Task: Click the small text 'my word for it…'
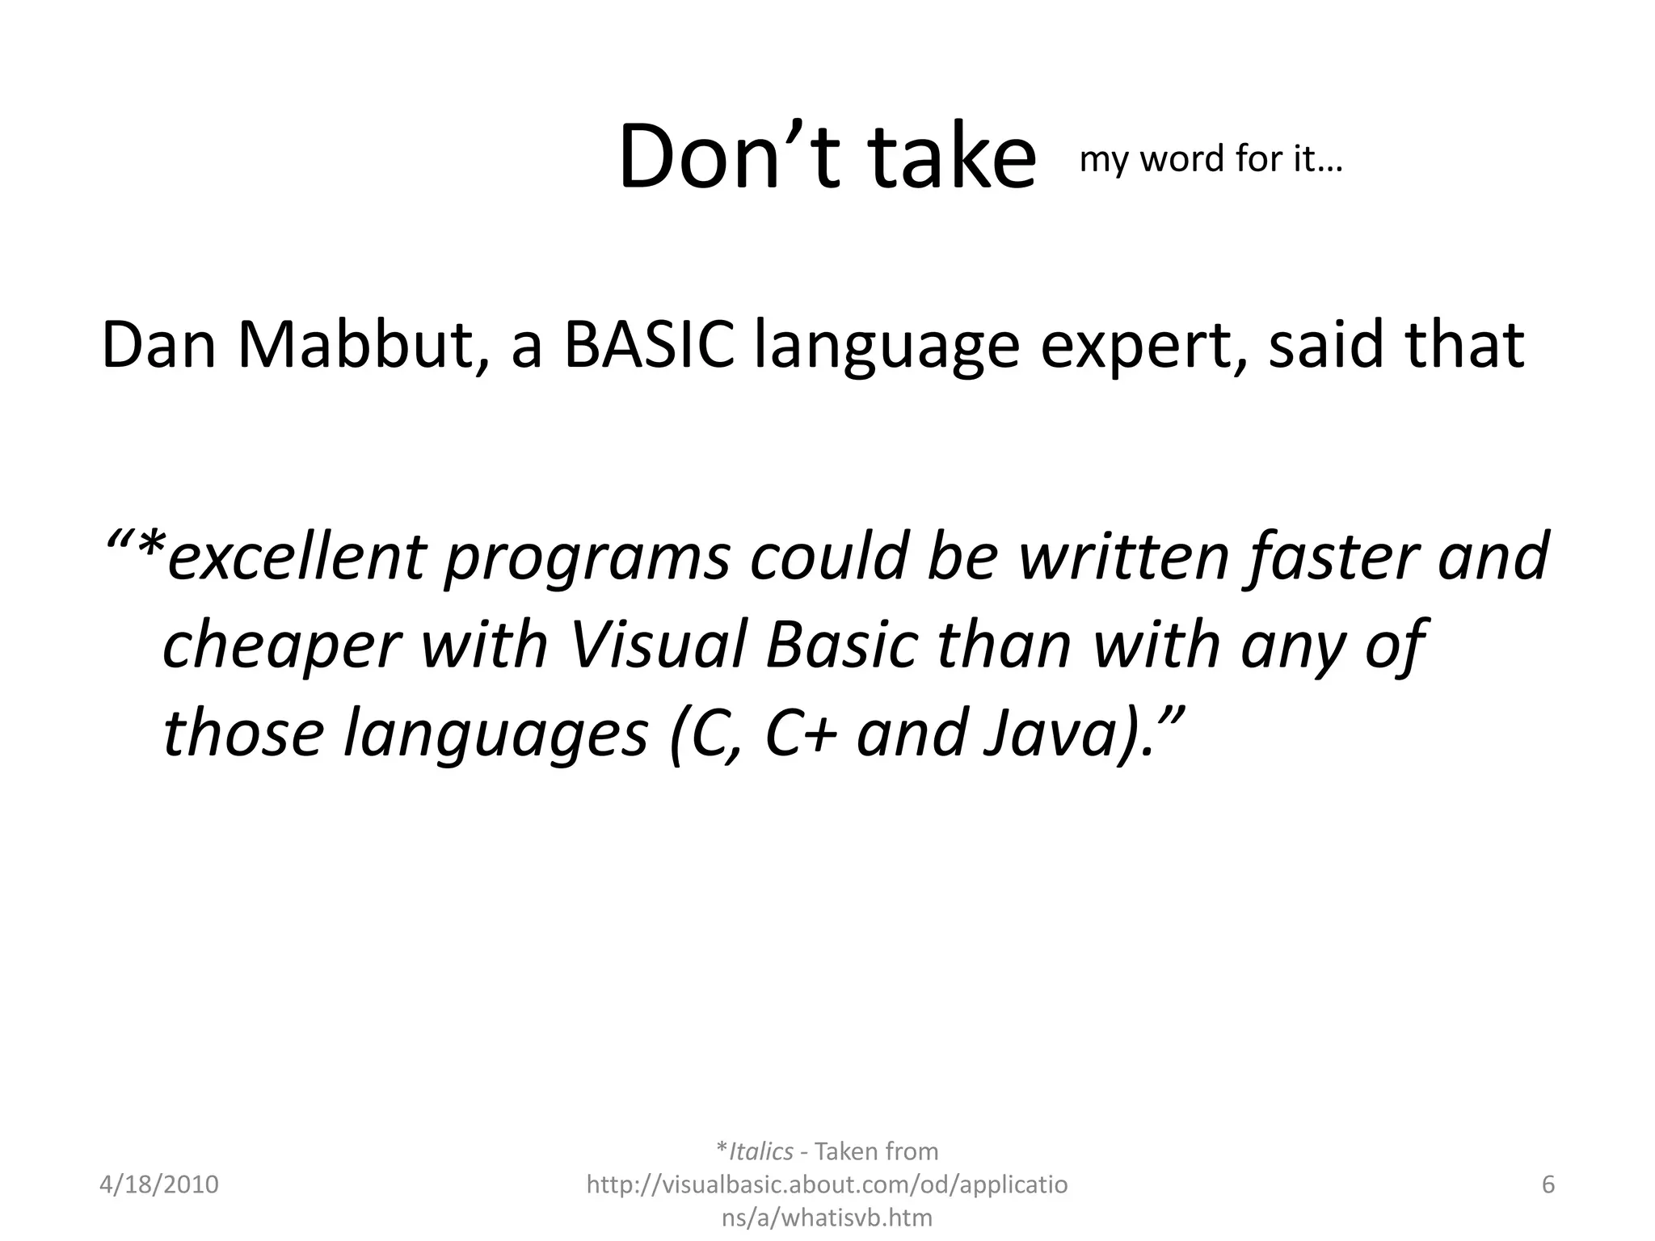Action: [1210, 159]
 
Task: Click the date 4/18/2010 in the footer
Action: [159, 1184]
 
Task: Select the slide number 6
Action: [1548, 1184]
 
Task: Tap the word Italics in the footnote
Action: [760, 1151]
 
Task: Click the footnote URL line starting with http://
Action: [827, 1184]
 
